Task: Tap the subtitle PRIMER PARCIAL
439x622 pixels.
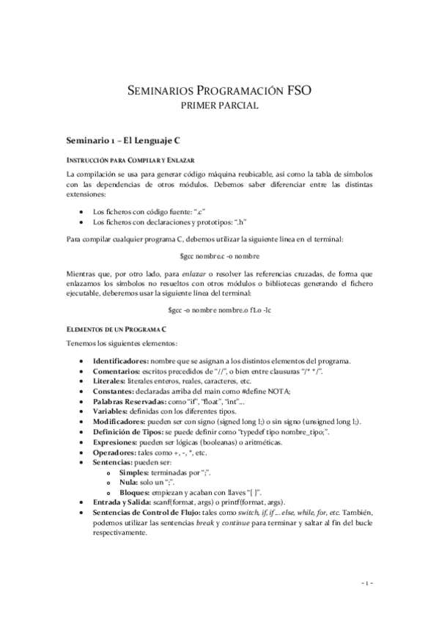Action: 219,106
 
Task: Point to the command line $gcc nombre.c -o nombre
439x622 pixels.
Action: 219,257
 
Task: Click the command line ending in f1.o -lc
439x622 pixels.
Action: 219,310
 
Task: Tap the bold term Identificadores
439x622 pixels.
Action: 119,360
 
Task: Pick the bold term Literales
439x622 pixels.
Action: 109,381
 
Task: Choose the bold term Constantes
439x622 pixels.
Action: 113,392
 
